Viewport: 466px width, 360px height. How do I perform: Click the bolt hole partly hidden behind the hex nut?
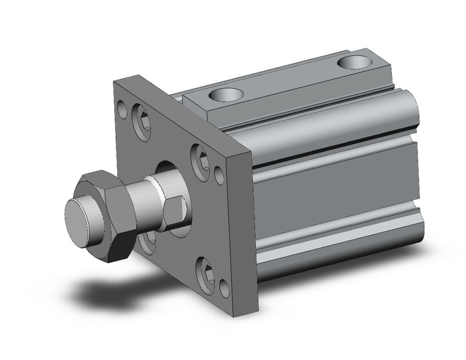(147, 242)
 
